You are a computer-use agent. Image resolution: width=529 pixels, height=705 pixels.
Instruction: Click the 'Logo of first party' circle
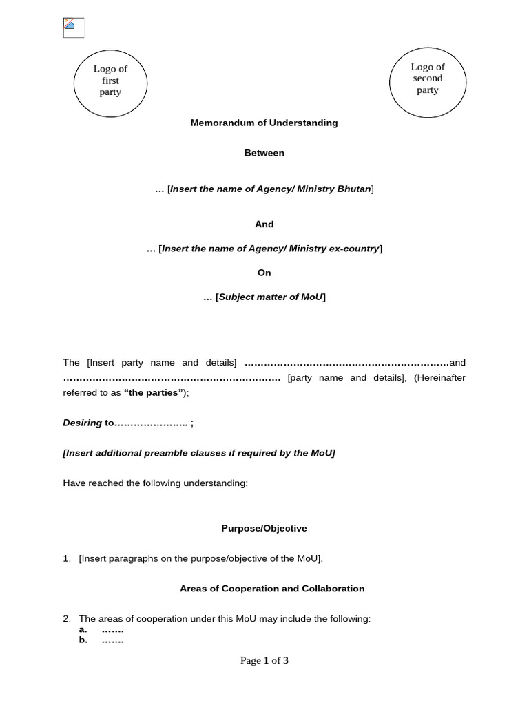tap(110, 81)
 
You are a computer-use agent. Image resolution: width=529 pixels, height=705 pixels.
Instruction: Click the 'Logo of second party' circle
tap(427, 78)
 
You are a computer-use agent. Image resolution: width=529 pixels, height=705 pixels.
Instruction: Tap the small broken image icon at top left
tap(73, 28)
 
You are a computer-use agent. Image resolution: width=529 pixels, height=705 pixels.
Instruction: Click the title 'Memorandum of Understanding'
tap(264, 123)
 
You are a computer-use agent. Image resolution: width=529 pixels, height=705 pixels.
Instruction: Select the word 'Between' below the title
tap(264, 153)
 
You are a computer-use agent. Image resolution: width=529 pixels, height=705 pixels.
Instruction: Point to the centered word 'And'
tap(264, 224)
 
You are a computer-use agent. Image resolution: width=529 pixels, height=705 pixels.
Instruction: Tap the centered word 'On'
tap(264, 273)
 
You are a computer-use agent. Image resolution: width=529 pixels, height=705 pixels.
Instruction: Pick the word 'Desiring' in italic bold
tap(82, 423)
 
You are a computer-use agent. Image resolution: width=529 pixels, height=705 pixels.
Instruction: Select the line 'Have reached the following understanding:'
tap(155, 483)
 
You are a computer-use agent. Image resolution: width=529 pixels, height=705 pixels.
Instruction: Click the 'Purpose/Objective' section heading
tap(264, 528)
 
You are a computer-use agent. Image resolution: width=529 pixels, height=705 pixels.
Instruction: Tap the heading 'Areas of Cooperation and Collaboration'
tap(272, 589)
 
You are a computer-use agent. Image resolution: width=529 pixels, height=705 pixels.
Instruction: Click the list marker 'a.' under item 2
tap(83, 629)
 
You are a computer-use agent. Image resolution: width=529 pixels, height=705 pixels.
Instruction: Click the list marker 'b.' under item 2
tap(83, 640)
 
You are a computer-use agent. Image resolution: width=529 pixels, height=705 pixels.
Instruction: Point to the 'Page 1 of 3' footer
tap(264, 661)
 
